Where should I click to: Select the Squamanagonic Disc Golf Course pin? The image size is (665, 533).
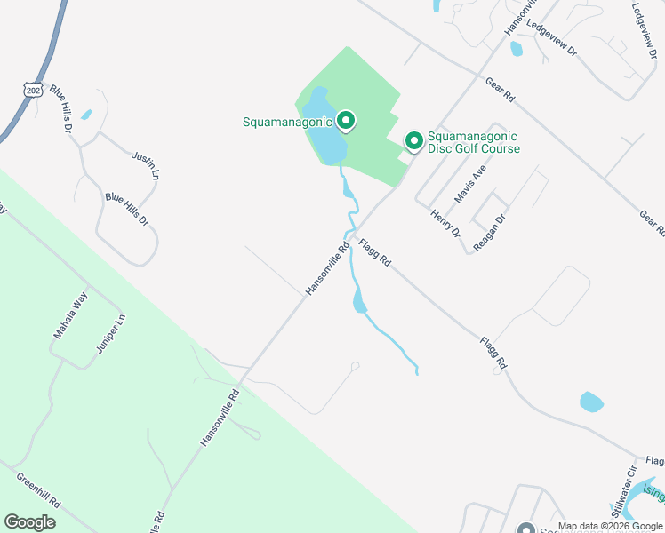click(413, 141)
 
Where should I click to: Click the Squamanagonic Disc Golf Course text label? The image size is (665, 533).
click(473, 142)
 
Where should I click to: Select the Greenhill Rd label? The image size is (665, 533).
click(37, 489)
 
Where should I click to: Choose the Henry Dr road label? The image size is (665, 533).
click(445, 223)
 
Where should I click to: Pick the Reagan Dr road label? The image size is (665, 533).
click(490, 233)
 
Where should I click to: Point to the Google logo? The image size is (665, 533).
click(29, 522)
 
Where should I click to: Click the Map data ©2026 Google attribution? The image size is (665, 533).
click(610, 526)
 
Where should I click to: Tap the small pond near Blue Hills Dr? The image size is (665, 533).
click(86, 115)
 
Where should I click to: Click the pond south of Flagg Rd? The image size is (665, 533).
click(591, 402)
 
